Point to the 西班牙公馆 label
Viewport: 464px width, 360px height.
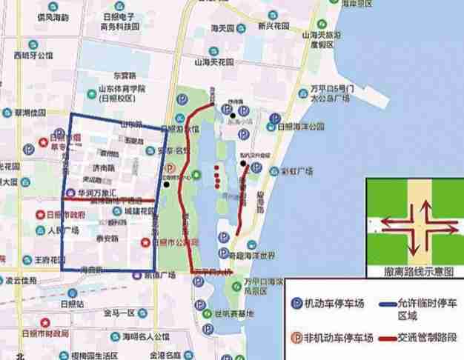[33, 56]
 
